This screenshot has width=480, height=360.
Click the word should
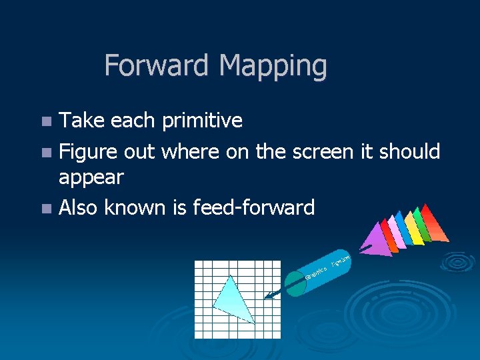click(x=409, y=151)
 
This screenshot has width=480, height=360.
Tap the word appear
click(x=91, y=177)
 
